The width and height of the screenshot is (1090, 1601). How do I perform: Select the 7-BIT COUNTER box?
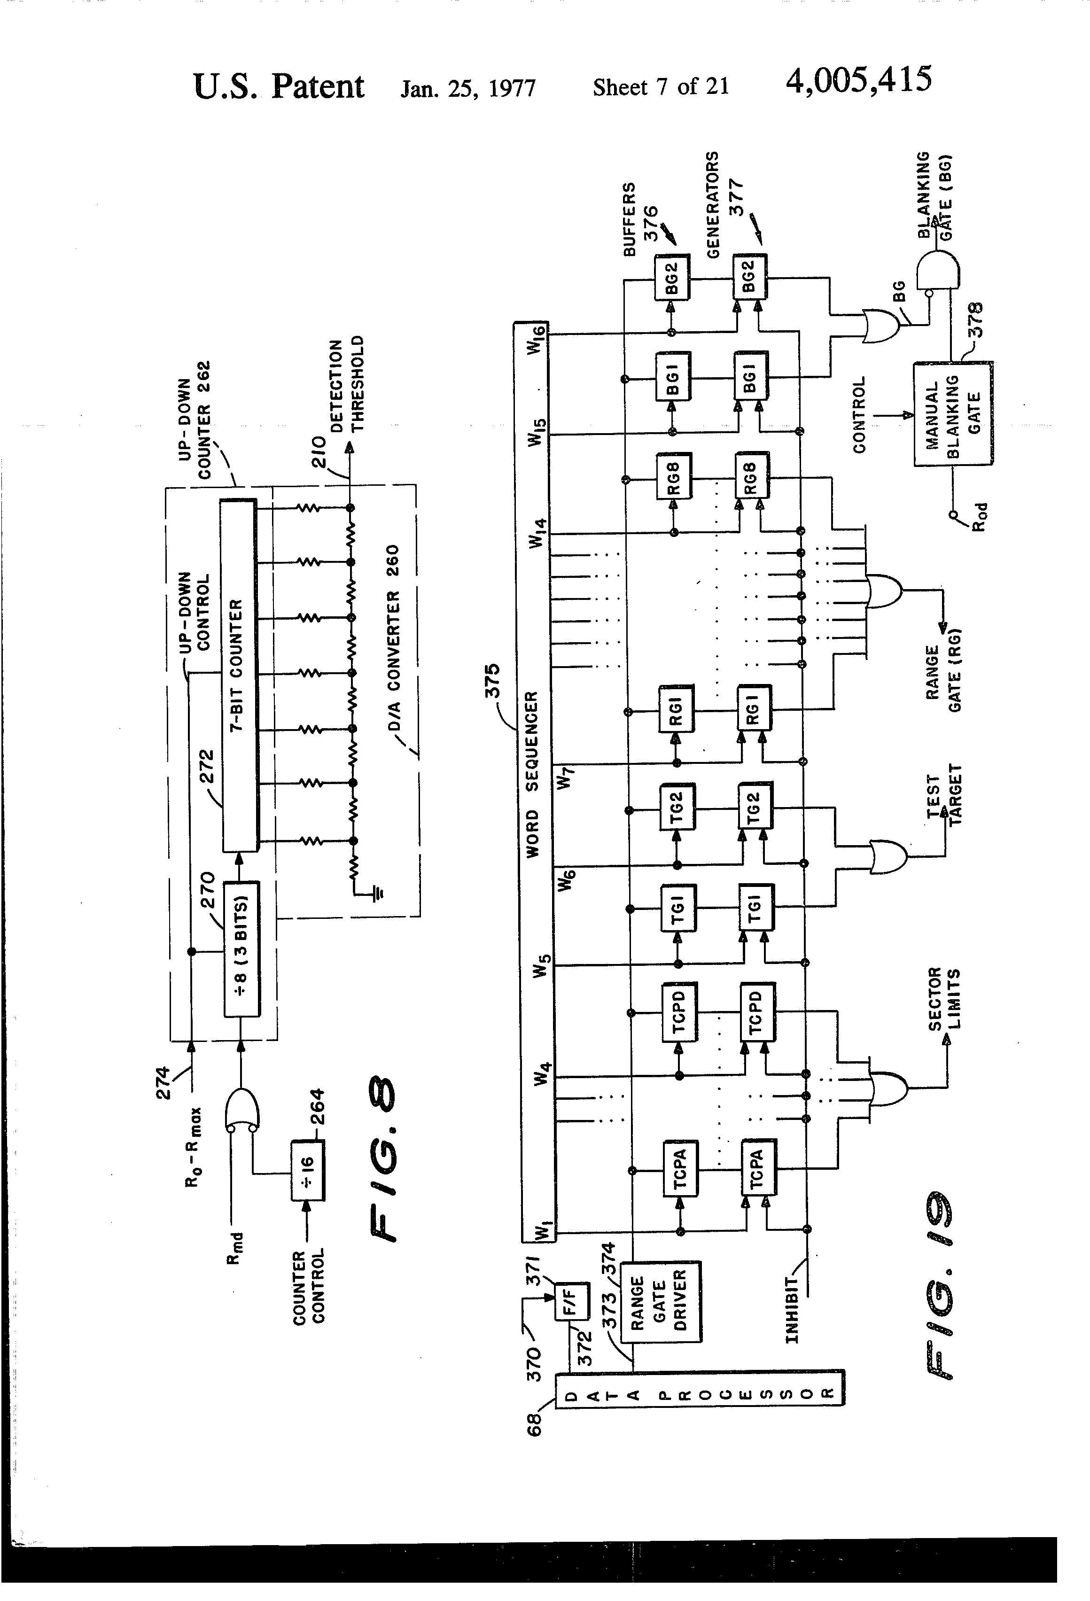point(238,675)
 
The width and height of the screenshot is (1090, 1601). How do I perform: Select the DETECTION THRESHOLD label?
point(347,385)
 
